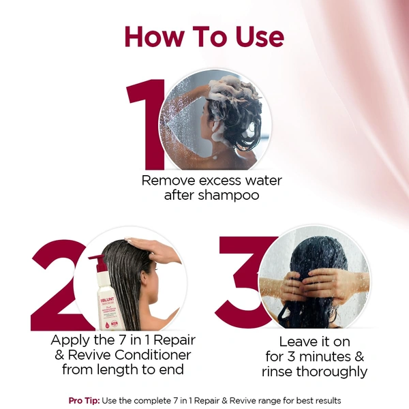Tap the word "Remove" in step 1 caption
click(167, 181)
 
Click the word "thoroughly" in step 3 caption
click(333, 372)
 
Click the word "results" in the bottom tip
click(325, 400)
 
